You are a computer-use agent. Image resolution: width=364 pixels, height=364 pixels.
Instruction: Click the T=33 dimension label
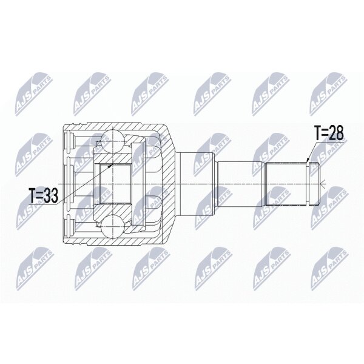tap(43, 195)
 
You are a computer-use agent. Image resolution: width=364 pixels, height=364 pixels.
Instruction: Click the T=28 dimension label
tap(328, 133)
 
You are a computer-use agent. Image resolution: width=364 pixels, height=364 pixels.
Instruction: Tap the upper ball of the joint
tap(112, 141)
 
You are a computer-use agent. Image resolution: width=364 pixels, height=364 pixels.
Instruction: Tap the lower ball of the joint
tap(112, 226)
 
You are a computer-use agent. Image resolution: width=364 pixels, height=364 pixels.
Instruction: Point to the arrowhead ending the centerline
tap(323, 184)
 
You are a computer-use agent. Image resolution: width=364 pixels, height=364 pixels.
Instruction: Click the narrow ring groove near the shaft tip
tap(308, 184)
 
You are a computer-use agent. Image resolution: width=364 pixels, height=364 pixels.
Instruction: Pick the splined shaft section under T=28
tap(286, 184)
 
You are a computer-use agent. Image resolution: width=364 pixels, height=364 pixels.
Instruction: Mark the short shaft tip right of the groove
tap(314, 184)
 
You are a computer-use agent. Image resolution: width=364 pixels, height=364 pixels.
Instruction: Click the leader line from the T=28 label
tap(312, 151)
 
